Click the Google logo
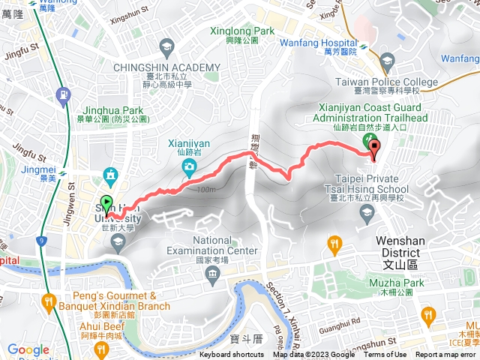[28, 349]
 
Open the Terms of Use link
[385, 355]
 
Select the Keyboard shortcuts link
[232, 355]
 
